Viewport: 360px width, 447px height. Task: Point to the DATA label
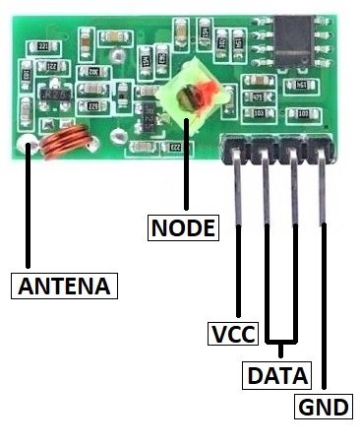tap(276, 374)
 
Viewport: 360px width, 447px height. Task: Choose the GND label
tap(324, 408)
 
